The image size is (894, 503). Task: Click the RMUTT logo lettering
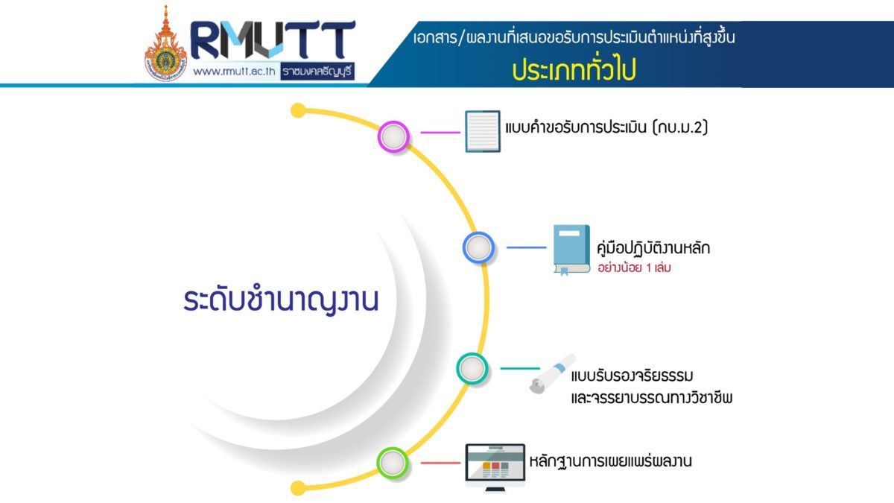(273, 39)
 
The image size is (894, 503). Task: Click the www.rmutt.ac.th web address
(234, 72)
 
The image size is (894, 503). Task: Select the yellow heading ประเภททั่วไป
(574, 69)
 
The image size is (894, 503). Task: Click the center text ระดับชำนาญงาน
(281, 300)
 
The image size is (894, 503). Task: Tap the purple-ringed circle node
(393, 136)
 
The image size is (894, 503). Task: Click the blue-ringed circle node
(478, 247)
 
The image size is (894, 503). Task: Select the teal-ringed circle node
(472, 368)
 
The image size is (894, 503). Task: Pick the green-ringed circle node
(393, 463)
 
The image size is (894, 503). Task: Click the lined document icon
(483, 131)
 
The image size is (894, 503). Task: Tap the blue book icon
(571, 250)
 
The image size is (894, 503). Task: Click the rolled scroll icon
(553, 373)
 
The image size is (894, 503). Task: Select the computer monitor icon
(495, 468)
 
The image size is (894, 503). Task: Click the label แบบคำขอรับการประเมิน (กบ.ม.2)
(606, 127)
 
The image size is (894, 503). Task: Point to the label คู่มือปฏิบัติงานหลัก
(653, 248)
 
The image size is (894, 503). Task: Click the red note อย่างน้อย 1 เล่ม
(634, 268)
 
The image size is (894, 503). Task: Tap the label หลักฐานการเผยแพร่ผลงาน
(610, 461)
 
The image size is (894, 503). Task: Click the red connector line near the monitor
(440, 463)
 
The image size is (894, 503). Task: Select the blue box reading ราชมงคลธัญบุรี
(317, 72)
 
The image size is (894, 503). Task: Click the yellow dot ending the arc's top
(298, 110)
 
